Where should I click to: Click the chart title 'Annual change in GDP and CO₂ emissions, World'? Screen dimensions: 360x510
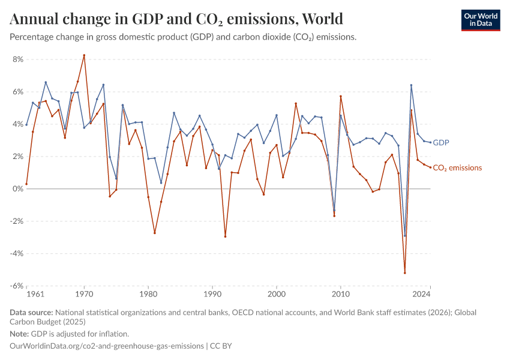tap(176, 19)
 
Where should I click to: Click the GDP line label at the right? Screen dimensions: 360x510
tap(441, 143)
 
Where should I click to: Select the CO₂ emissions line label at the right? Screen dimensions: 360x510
tap(457, 168)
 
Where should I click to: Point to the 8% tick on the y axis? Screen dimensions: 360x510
tap(17, 59)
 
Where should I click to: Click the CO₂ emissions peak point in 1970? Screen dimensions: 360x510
tap(84, 55)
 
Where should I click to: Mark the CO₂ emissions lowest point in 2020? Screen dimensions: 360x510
tap(405, 273)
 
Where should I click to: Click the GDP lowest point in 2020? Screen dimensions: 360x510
tap(405, 236)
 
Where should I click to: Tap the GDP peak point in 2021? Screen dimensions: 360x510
tap(411, 85)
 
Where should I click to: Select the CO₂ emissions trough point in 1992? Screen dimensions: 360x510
tap(225, 236)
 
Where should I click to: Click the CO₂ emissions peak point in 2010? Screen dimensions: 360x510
tap(341, 97)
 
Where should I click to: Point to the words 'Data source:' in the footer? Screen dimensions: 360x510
tap(31, 313)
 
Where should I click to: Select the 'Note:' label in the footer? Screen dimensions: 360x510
tap(21, 334)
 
